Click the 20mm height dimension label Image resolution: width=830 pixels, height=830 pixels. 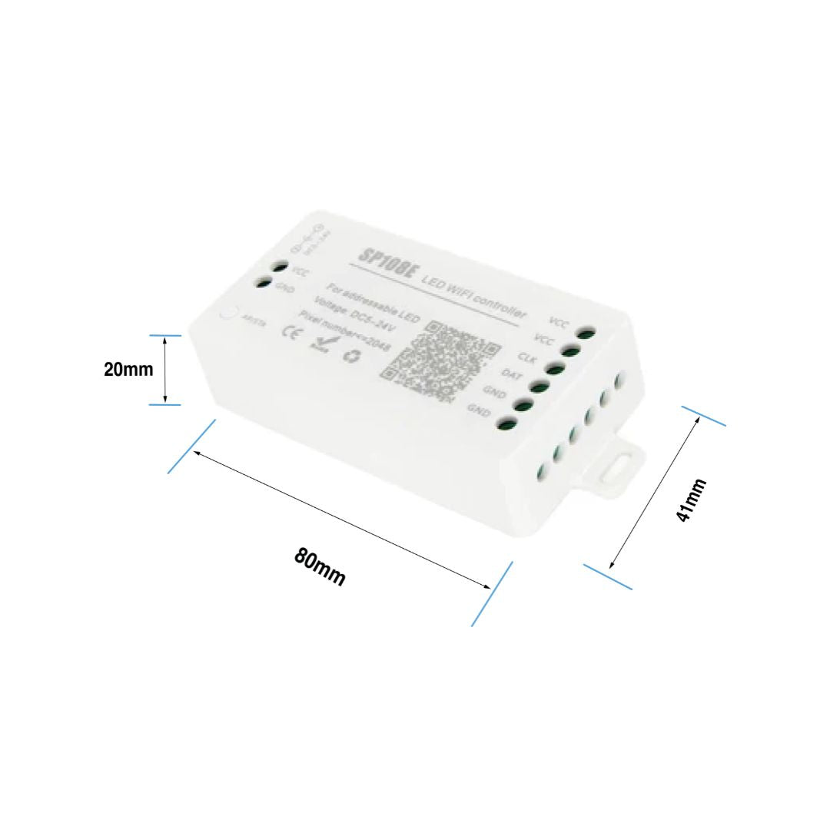click(x=128, y=370)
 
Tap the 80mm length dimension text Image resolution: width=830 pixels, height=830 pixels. click(x=320, y=567)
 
